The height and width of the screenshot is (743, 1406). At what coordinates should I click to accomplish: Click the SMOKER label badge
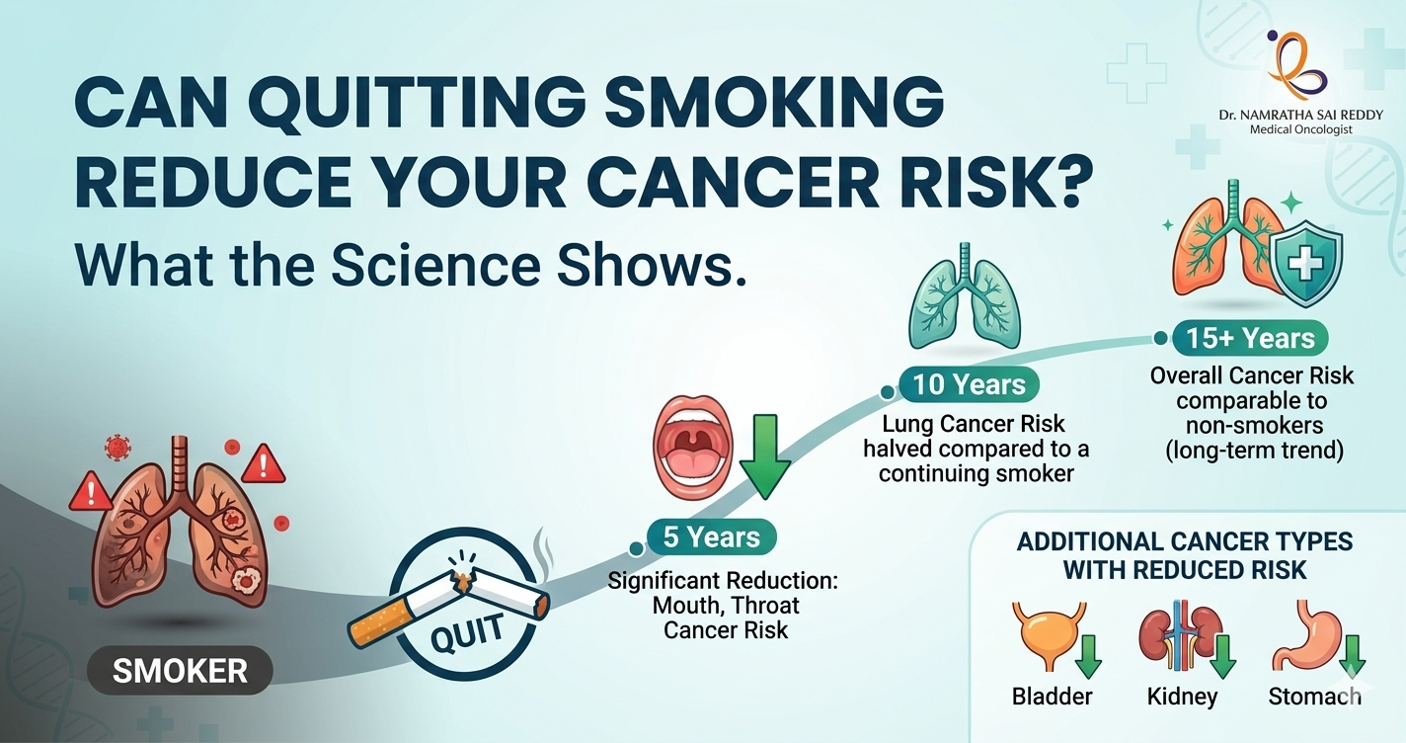180,672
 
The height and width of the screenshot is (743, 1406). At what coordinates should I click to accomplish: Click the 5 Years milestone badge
712,537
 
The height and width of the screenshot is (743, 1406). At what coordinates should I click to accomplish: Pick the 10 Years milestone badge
970,383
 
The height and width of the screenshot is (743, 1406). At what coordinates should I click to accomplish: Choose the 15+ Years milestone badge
1250,338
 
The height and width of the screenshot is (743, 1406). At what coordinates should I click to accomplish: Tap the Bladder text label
1053,697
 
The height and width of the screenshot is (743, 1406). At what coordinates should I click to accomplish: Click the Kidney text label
1182,697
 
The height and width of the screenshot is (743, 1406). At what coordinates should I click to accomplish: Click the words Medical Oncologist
1300,129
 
